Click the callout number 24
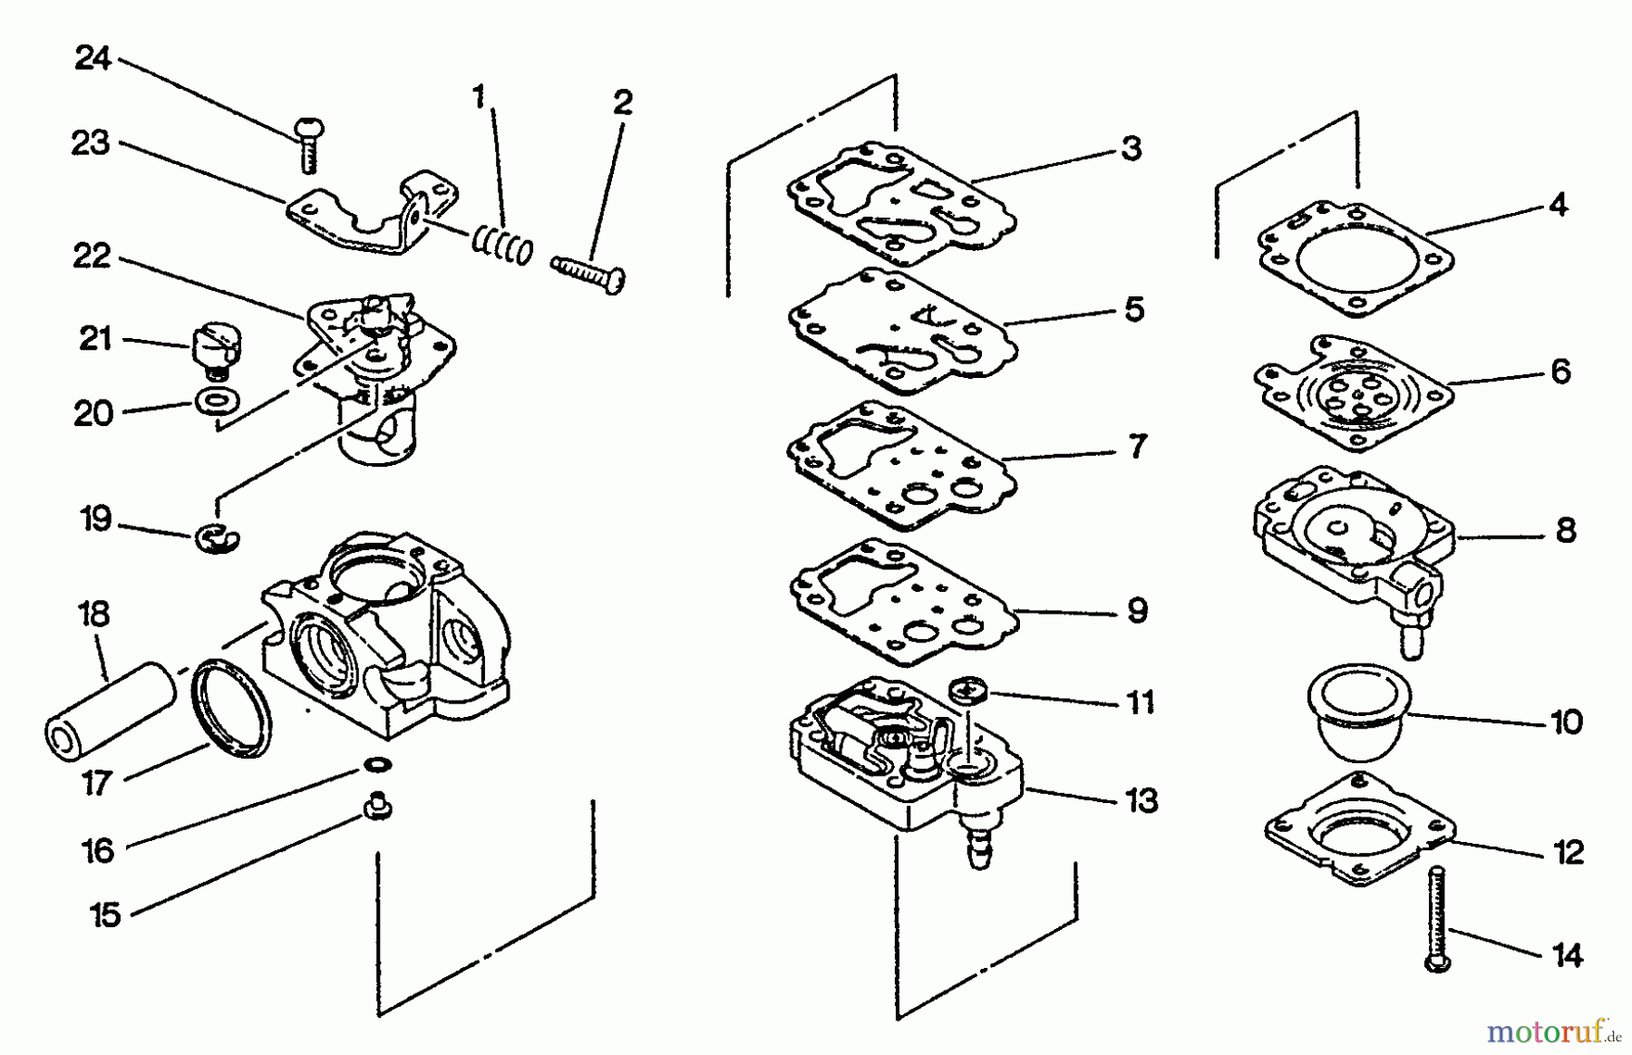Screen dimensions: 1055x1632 pyautogui.click(x=92, y=59)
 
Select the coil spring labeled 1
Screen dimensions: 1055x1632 pyautogui.click(x=501, y=245)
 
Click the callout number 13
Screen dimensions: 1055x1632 pyautogui.click(x=1141, y=800)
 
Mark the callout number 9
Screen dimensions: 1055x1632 pyautogui.click(x=1137, y=610)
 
